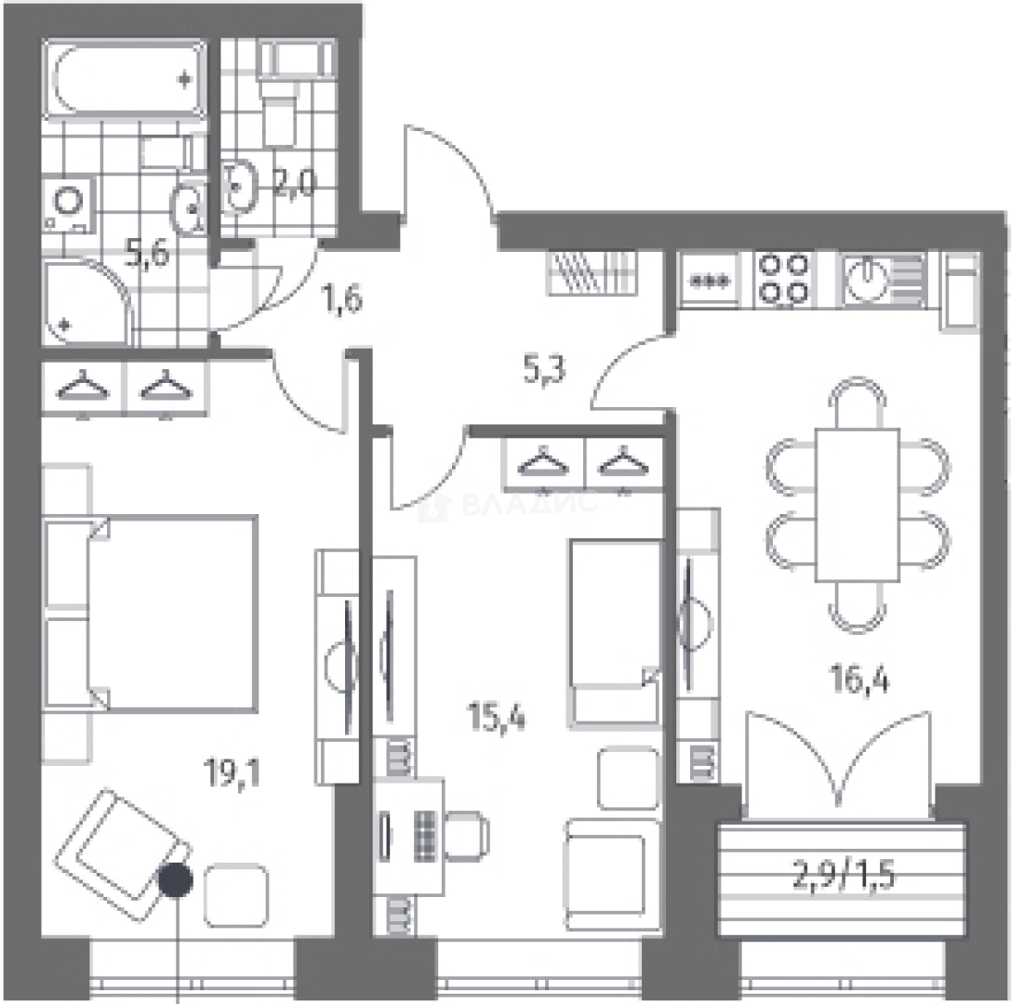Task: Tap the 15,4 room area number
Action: [x=497, y=718]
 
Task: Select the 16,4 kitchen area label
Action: [x=860, y=680]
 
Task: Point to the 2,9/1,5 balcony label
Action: [x=843, y=877]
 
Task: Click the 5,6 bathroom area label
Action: [x=148, y=253]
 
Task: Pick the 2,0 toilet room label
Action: [x=294, y=184]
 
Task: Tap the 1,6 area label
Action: [x=341, y=299]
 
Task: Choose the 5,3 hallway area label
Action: [x=543, y=371]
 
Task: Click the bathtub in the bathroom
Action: [x=125, y=79]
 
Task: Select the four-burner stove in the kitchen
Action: [x=783, y=278]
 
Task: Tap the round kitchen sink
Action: [x=867, y=278]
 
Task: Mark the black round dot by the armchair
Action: [x=176, y=879]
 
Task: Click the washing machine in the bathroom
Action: [x=69, y=204]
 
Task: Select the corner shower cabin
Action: [x=87, y=301]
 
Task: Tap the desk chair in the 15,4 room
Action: [x=467, y=836]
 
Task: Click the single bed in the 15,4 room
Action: [x=615, y=632]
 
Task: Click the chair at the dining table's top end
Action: [x=857, y=403]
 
